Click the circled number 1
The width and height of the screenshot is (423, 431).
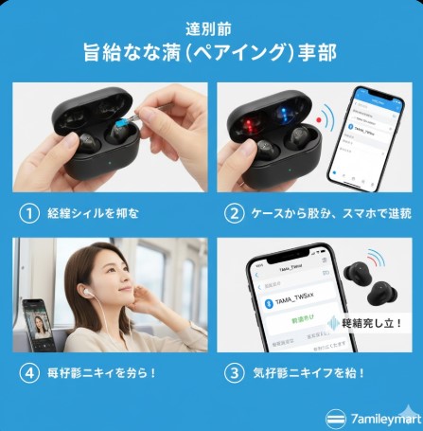(29, 213)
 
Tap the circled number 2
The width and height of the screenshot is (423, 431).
(233, 213)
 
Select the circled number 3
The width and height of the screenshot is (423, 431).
(233, 373)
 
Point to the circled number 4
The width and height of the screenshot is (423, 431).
(29, 373)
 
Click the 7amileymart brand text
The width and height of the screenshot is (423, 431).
(382, 417)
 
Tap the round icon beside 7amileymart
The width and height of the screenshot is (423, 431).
(336, 417)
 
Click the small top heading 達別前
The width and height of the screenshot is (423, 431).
(211, 28)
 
